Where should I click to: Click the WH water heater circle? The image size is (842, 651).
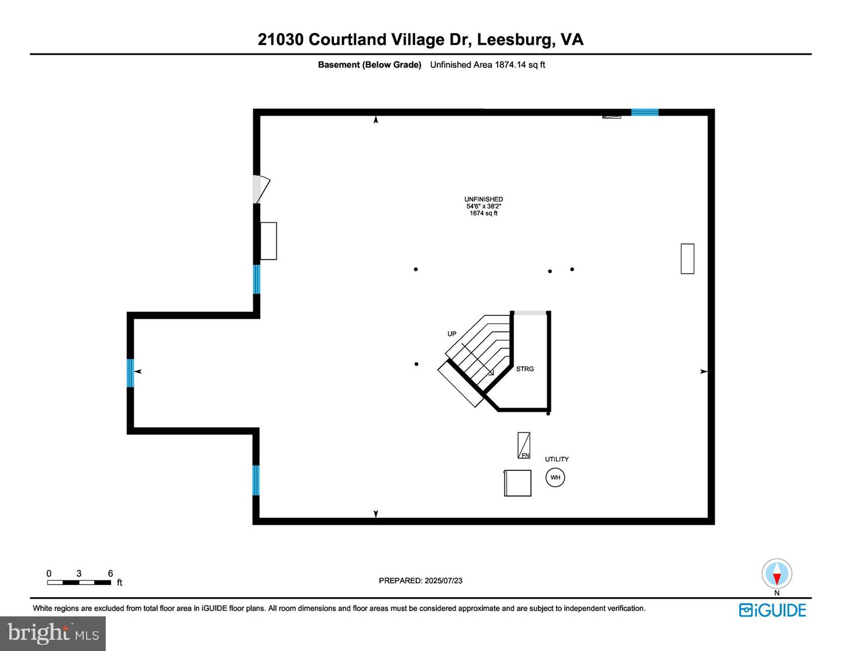click(555, 477)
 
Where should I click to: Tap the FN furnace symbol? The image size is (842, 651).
click(524, 445)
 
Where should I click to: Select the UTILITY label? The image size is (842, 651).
click(557, 459)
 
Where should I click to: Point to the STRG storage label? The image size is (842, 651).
click(524, 369)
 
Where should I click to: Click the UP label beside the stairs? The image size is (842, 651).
click(452, 334)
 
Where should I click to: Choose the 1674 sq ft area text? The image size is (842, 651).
click(483, 213)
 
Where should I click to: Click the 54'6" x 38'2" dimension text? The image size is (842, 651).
click(484, 206)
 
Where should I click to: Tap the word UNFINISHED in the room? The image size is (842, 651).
click(484, 199)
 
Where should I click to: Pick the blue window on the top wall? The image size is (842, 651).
click(645, 112)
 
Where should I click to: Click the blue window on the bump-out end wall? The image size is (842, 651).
click(130, 373)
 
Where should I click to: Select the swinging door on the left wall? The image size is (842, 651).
click(261, 189)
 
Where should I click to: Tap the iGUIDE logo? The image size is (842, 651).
click(772, 610)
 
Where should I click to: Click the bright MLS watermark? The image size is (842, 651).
click(53, 633)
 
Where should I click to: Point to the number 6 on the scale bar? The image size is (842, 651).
click(111, 573)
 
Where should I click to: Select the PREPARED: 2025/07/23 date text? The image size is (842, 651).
click(420, 580)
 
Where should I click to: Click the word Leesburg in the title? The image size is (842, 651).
click(513, 40)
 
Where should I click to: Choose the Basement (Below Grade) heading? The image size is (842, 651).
click(370, 65)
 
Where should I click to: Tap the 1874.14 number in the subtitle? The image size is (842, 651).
click(510, 65)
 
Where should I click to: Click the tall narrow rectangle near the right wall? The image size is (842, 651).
click(688, 259)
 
